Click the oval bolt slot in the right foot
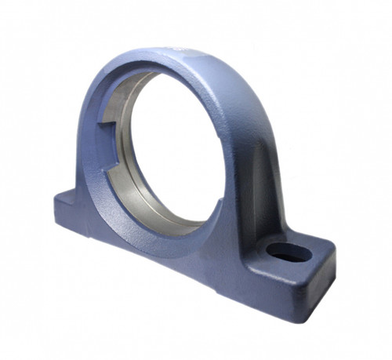[x=289, y=253]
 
